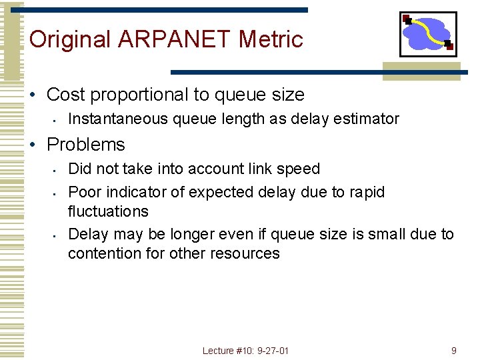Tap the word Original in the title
pos(70,39)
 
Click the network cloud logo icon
pos(427,34)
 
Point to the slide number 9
pos(453,351)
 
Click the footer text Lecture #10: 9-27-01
pos(246,351)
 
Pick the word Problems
pos(86,145)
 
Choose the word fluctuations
pos(108,211)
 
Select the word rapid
pos(367,193)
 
